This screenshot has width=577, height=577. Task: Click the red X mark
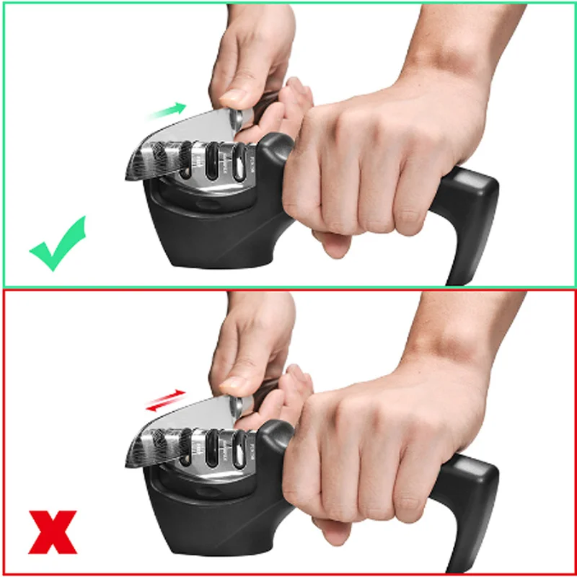[x=53, y=532]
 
